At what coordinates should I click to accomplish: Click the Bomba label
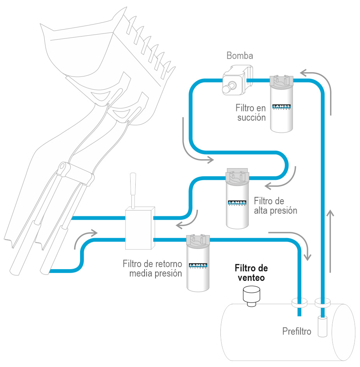pyautogui.click(x=240, y=56)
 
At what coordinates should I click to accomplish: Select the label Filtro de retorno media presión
pyautogui.click(x=152, y=269)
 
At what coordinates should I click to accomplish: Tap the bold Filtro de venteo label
pyautogui.click(x=251, y=273)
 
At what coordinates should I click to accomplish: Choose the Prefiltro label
pyautogui.click(x=297, y=332)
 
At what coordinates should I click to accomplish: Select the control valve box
pyautogui.click(x=139, y=229)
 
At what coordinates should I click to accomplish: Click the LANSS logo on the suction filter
pyautogui.click(x=282, y=107)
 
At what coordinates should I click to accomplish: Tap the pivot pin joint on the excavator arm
pyautogui.click(x=62, y=169)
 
